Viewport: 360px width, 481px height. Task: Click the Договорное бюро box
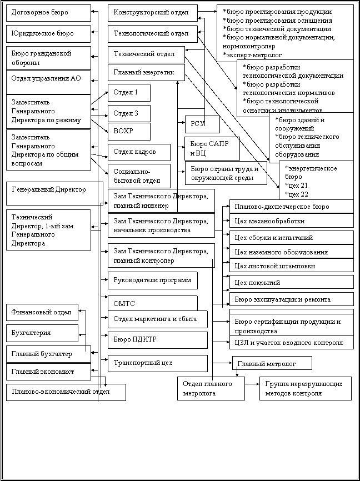tap(48, 13)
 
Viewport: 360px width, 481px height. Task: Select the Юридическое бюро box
tap(48, 34)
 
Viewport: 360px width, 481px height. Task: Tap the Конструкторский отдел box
tap(153, 13)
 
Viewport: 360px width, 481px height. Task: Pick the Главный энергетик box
tap(146, 73)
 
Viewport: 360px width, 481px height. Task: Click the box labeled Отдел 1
tap(129, 93)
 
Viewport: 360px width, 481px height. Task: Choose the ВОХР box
tap(129, 132)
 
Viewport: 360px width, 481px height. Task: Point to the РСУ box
tap(202, 124)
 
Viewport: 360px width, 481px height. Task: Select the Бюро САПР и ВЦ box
tap(212, 148)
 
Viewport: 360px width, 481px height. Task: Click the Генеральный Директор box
tap(54, 193)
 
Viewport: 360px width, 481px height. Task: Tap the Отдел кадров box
tap(139, 152)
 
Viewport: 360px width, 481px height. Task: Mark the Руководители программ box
tap(153, 280)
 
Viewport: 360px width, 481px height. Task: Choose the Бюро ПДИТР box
tap(158, 340)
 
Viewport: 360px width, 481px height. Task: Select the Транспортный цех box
tap(158, 363)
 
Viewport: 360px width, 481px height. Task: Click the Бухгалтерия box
tap(42, 333)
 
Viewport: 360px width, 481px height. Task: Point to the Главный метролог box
tap(272, 363)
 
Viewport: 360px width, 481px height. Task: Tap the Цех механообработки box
tap(292, 221)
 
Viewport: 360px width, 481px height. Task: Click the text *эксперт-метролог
tap(253, 55)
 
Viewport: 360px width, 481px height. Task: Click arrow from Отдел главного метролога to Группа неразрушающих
tap(252, 384)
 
